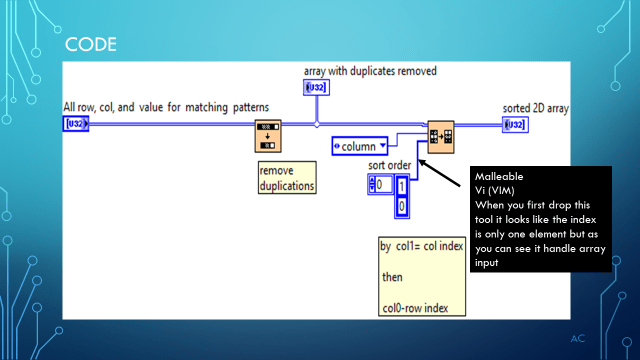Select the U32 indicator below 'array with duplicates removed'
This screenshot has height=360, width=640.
tap(315, 89)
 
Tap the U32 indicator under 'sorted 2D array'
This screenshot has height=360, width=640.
tap(514, 124)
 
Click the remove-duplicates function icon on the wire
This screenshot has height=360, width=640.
tap(268, 134)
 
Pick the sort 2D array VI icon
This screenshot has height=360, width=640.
tap(440, 133)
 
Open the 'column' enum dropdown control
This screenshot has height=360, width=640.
tap(360, 146)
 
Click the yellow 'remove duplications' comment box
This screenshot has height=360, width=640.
tap(288, 178)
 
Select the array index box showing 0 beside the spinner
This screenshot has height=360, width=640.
tap(381, 184)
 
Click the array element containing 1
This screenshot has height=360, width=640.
tap(402, 186)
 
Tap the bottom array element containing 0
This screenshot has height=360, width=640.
tap(402, 205)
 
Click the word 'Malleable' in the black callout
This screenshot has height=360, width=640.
tap(499, 176)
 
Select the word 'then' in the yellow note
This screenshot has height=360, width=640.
tap(392, 276)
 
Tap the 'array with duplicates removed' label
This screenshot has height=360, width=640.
tap(370, 71)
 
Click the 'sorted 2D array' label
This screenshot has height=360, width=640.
tap(537, 108)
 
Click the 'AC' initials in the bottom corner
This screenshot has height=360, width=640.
tap(577, 338)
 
